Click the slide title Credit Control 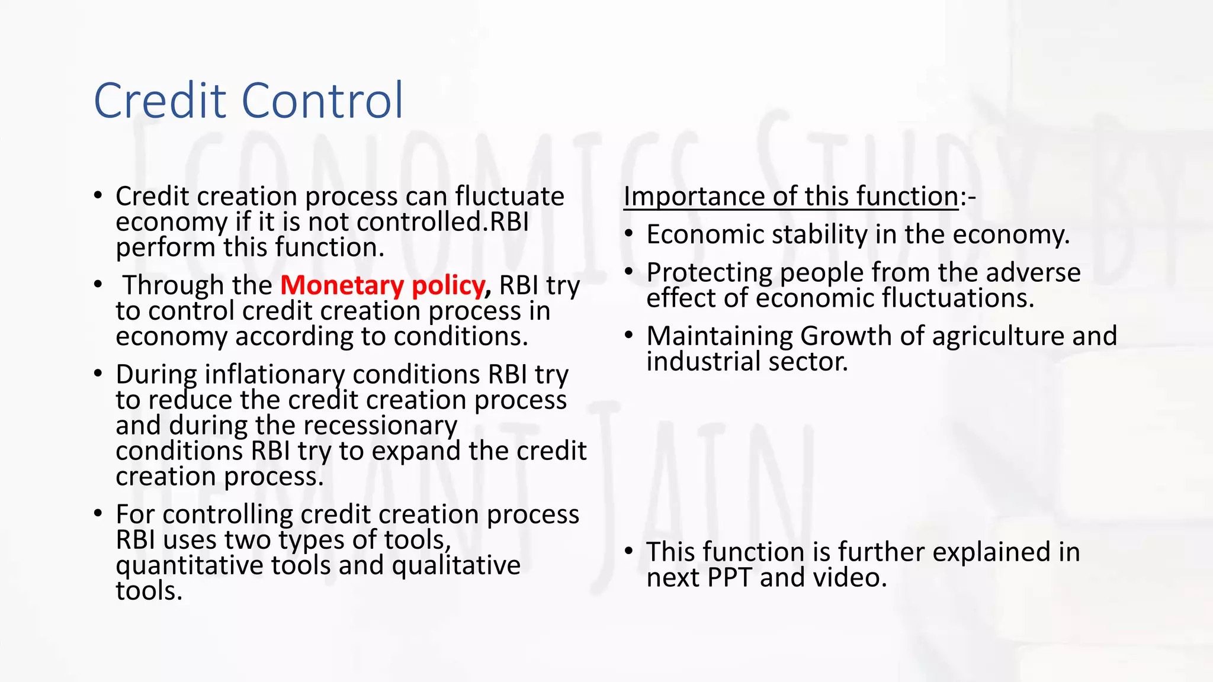click(248, 100)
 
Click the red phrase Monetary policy click(383, 285)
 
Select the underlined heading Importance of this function click(791, 196)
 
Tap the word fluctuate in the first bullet click(509, 196)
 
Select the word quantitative click(190, 565)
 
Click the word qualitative click(456, 565)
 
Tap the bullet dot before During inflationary click(98, 373)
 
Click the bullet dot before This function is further click(629, 550)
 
